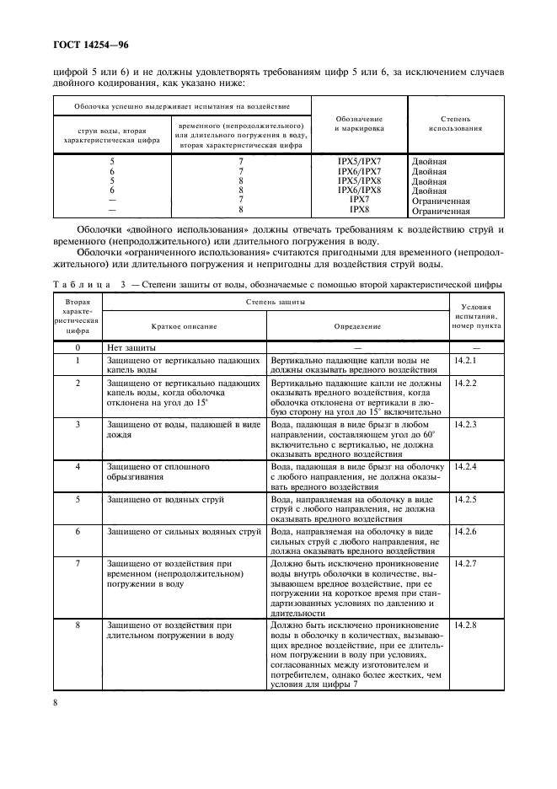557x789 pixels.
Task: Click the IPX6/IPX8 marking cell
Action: (359, 191)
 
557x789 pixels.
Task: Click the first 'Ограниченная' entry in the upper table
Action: (440, 201)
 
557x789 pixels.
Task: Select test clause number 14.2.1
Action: (465, 361)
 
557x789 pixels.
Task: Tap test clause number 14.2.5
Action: (465, 500)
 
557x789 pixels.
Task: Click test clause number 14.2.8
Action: (465, 625)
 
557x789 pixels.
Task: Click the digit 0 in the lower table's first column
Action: (78, 347)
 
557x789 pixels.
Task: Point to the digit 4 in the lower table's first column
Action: (78, 466)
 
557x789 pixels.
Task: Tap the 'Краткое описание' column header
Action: (184, 325)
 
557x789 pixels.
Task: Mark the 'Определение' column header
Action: (357, 325)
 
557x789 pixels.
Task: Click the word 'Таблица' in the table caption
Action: (83, 284)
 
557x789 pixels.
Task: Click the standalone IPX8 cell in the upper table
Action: (359, 211)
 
